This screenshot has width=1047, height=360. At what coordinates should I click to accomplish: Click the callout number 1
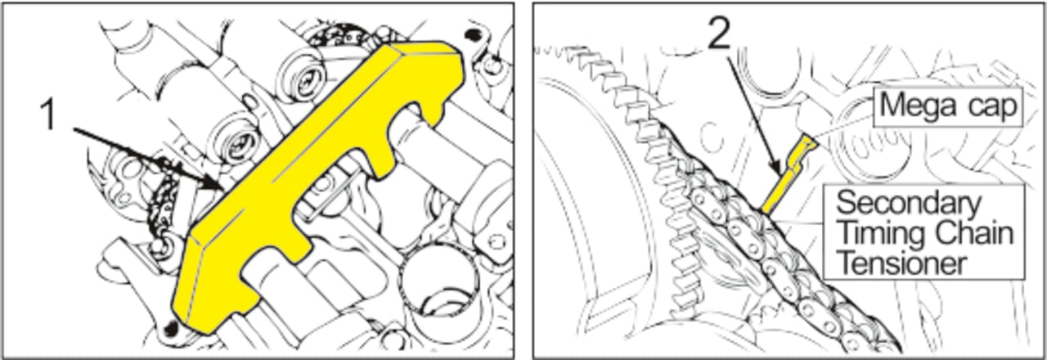point(48,114)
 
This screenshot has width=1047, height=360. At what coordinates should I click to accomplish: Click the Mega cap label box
point(948,106)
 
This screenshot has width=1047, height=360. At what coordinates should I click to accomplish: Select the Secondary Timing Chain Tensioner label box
point(923,232)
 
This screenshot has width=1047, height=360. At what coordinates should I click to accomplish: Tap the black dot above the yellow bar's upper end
point(474,34)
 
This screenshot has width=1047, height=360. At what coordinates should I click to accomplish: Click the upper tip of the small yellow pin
point(807,137)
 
